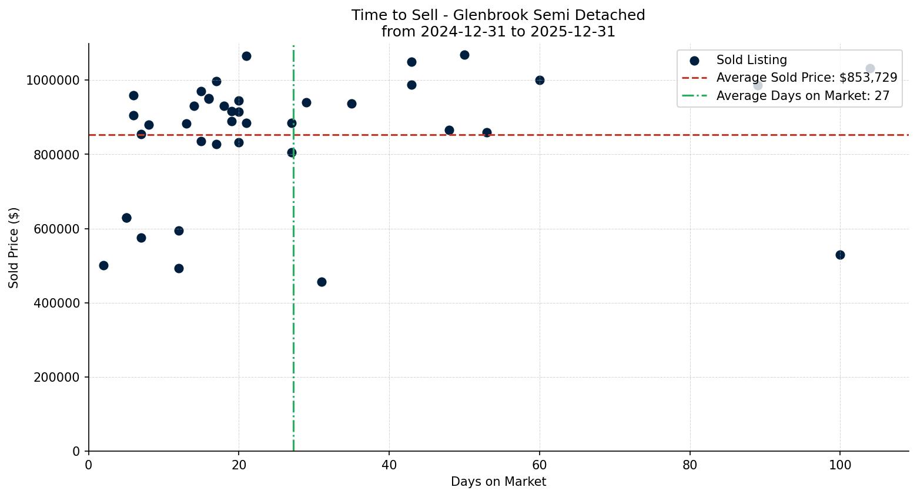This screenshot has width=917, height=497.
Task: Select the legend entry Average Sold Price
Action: pyautogui.click(x=806, y=78)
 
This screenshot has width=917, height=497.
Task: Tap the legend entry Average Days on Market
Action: pyautogui.click(x=802, y=96)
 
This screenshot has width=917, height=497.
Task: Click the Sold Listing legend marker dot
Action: pyautogui.click(x=694, y=60)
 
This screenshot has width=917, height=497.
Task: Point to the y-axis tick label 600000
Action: pyautogui.click(x=57, y=229)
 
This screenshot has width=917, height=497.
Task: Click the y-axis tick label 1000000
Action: pyautogui.click(x=53, y=81)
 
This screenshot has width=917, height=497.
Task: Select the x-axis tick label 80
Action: pyautogui.click(x=690, y=465)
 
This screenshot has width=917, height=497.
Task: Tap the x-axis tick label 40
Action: pyautogui.click(x=389, y=465)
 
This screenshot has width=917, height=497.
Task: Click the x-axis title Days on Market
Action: pyautogui.click(x=498, y=482)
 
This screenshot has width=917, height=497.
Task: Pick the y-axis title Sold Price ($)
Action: pyautogui.click(x=14, y=248)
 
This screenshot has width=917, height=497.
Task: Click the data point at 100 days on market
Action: pyautogui.click(x=840, y=255)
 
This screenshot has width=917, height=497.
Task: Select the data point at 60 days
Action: pyautogui.click(x=540, y=80)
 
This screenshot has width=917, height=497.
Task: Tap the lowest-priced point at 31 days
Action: pyautogui.click(x=322, y=282)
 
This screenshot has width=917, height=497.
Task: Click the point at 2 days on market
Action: pyautogui.click(x=103, y=265)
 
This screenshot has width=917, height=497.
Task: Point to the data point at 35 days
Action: pyautogui.click(x=352, y=104)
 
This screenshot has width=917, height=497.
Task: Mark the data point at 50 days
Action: pyautogui.click(x=464, y=55)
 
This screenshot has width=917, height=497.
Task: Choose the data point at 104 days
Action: pyautogui.click(x=870, y=69)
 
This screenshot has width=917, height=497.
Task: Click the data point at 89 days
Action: pyautogui.click(x=758, y=85)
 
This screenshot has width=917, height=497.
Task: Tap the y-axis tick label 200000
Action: pyautogui.click(x=57, y=378)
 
